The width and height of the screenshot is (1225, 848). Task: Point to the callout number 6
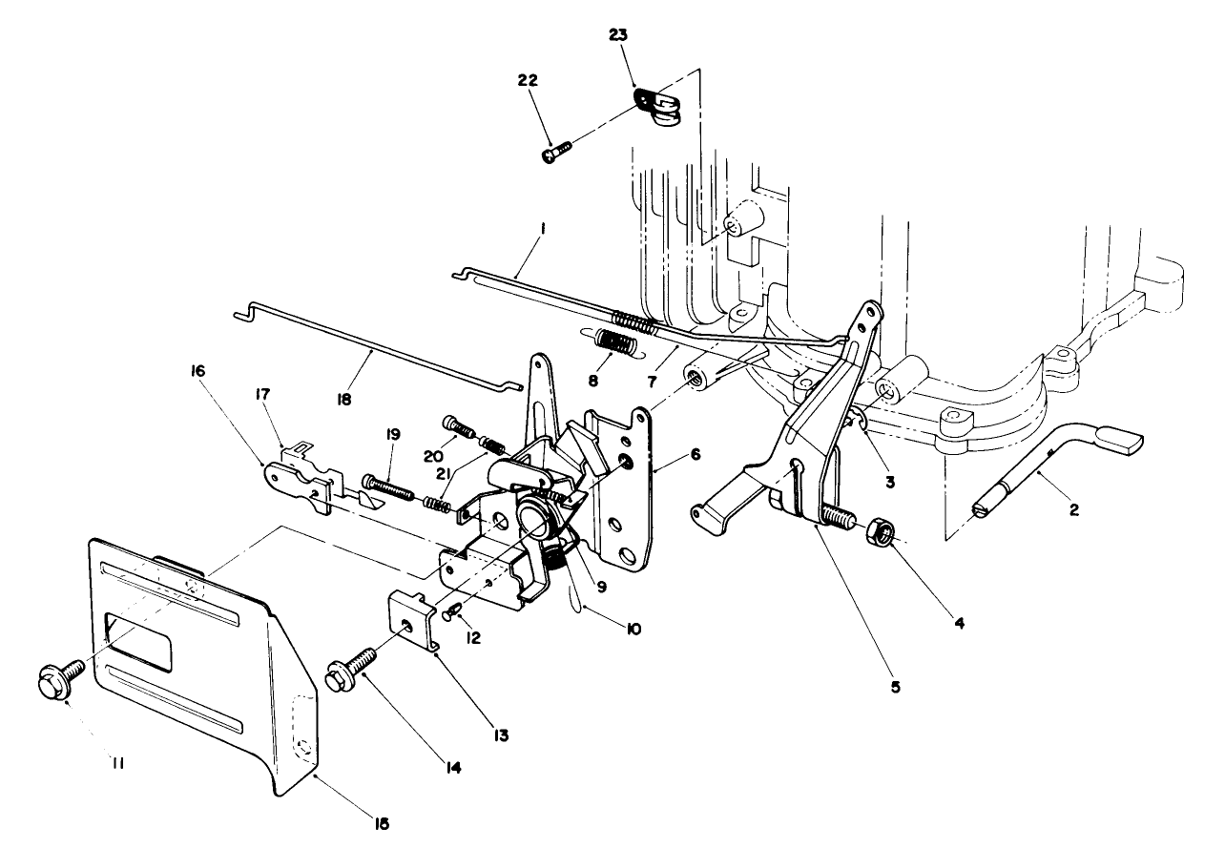click(696, 455)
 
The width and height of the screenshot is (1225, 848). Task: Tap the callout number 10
click(633, 629)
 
